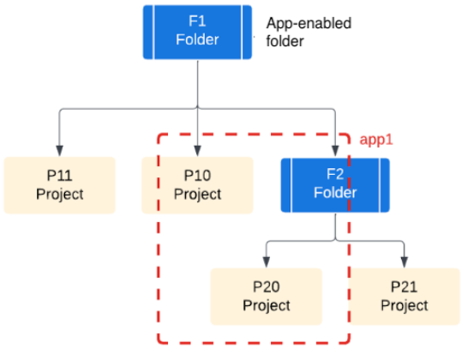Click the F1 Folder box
click(x=197, y=32)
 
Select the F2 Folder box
click(x=335, y=184)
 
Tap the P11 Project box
click(x=59, y=184)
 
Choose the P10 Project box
click(x=197, y=184)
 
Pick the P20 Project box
click(x=266, y=296)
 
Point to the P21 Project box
click(x=404, y=296)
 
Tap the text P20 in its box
click(x=266, y=287)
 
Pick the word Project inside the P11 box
click(x=59, y=194)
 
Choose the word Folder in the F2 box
click(x=335, y=194)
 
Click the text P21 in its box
click(x=404, y=287)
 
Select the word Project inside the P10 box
click(x=197, y=194)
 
